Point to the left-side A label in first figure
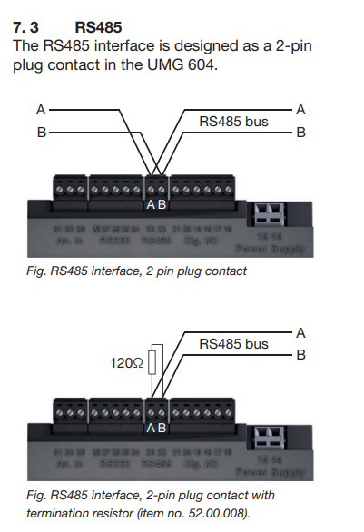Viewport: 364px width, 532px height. tap(40, 110)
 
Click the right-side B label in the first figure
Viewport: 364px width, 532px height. tap(300, 132)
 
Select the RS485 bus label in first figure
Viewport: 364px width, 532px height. tap(233, 121)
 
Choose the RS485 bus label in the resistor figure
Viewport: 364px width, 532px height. tap(233, 344)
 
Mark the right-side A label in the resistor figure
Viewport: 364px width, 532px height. tap(300, 333)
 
